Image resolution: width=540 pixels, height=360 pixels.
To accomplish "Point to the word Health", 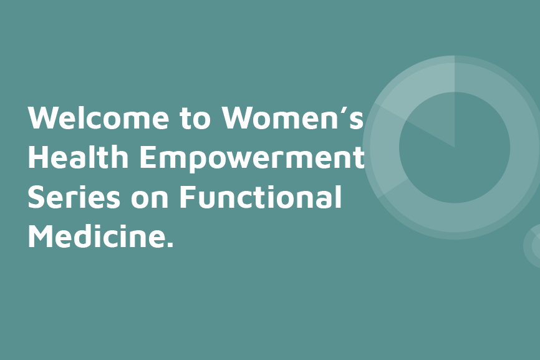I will click(x=79, y=157).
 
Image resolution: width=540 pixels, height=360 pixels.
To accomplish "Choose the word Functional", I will click(x=261, y=198).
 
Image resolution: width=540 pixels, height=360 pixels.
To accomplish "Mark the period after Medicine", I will click(x=170, y=246).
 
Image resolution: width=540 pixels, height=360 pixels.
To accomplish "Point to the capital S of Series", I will click(x=38, y=198).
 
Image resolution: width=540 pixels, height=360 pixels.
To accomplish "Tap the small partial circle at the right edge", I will click(x=534, y=246).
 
